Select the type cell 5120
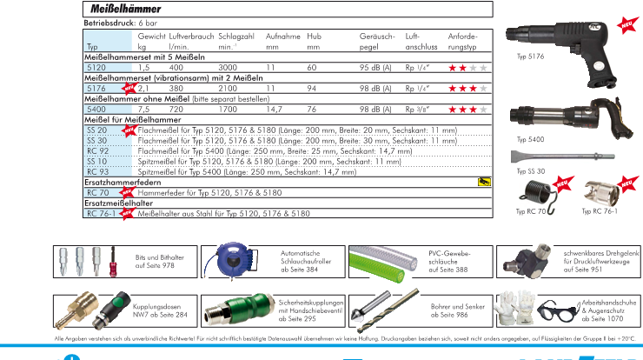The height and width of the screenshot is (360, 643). coord(96,67)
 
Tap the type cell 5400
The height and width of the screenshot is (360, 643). coord(96,109)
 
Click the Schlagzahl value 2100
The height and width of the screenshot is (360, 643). coord(228,88)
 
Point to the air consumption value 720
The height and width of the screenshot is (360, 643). coord(176,109)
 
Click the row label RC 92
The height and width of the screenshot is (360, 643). coord(97,150)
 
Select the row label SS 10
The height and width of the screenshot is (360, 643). coord(97,161)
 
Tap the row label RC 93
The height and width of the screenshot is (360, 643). coord(97,171)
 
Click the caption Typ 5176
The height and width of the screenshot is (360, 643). coord(532,80)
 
